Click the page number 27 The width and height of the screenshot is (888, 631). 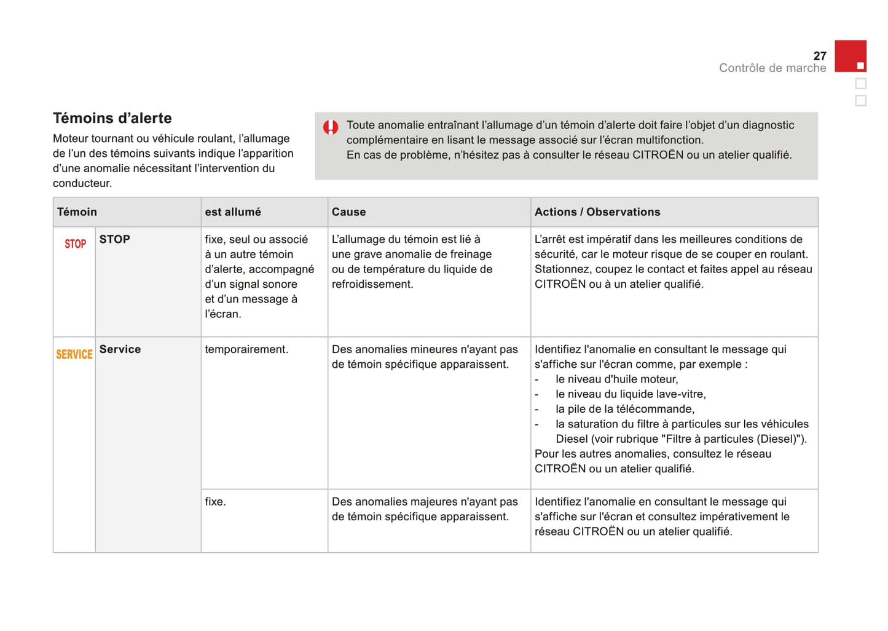point(819,56)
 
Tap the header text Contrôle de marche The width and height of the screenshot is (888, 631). point(772,68)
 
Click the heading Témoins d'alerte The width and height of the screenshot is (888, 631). point(112,118)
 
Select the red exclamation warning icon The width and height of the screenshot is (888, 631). point(331,127)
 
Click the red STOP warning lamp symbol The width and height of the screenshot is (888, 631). point(75,244)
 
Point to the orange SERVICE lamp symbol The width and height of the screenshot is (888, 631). point(74,354)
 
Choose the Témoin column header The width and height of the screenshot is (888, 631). point(77,212)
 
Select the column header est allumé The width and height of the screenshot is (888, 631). point(232,212)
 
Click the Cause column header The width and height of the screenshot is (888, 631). point(348,212)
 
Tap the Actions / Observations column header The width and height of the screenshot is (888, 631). point(597,212)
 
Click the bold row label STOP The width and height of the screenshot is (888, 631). point(114,239)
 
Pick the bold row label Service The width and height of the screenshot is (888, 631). point(120,349)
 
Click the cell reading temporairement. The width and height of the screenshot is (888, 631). point(246,349)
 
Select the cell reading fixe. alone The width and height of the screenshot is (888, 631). point(215,502)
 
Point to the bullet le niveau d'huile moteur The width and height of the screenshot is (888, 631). point(616,379)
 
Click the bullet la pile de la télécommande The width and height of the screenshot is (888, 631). point(624,409)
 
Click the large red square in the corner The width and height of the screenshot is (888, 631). point(850,56)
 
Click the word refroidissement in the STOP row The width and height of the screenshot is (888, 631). point(372,284)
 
